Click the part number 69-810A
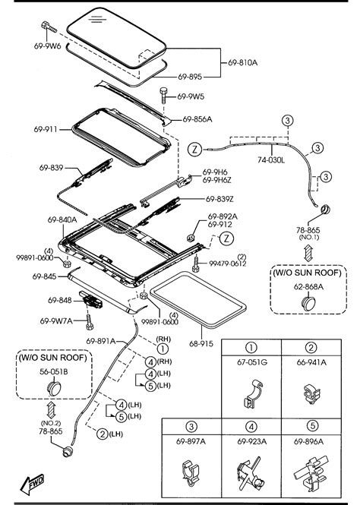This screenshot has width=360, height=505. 243,62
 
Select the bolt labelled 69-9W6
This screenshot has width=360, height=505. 49,27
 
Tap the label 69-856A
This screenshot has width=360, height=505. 197,119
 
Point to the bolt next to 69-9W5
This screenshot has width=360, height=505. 163,96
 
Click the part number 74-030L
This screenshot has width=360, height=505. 271,159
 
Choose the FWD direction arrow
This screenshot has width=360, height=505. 32,484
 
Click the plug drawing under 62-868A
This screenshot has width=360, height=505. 308,304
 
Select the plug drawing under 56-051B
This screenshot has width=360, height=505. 54,388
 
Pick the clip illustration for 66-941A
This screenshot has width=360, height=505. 311,394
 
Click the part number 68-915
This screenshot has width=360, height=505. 201,344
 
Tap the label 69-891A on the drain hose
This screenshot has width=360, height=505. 101,341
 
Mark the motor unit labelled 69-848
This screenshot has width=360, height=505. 90,299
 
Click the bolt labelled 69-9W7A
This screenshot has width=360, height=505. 90,323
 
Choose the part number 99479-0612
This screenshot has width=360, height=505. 228,264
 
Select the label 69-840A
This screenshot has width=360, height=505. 62,220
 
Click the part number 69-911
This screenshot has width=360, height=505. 46,129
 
